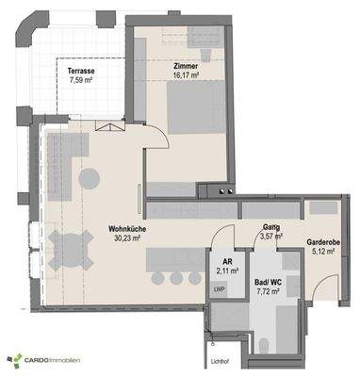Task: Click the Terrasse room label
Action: click(x=80, y=70)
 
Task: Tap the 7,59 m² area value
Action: click(x=80, y=80)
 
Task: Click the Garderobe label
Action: click(x=325, y=242)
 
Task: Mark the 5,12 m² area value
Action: click(x=325, y=253)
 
